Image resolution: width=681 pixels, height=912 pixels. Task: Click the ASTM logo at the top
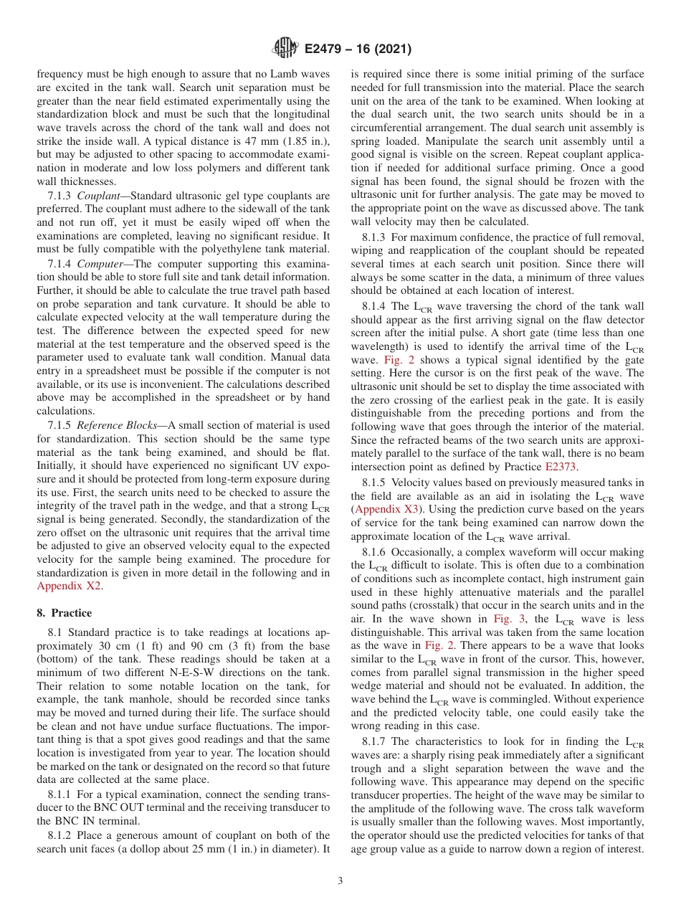pyautogui.click(x=285, y=49)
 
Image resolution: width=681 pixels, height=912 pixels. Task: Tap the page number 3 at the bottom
pyautogui.click(x=340, y=880)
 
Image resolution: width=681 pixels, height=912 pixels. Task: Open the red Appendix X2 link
pyautogui.click(x=69, y=586)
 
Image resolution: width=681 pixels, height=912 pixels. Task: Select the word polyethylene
pyautogui.click(x=214, y=249)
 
